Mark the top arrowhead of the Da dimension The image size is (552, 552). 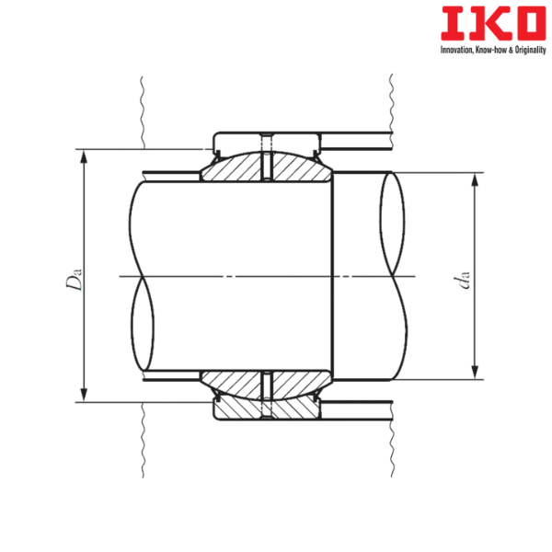point(83,155)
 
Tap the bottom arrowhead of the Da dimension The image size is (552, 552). point(83,395)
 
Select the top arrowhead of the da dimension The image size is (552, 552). point(475,179)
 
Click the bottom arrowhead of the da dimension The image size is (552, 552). point(475,372)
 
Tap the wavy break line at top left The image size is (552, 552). point(143,110)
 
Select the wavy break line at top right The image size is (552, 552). point(393,106)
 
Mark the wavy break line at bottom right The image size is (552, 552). point(393,442)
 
